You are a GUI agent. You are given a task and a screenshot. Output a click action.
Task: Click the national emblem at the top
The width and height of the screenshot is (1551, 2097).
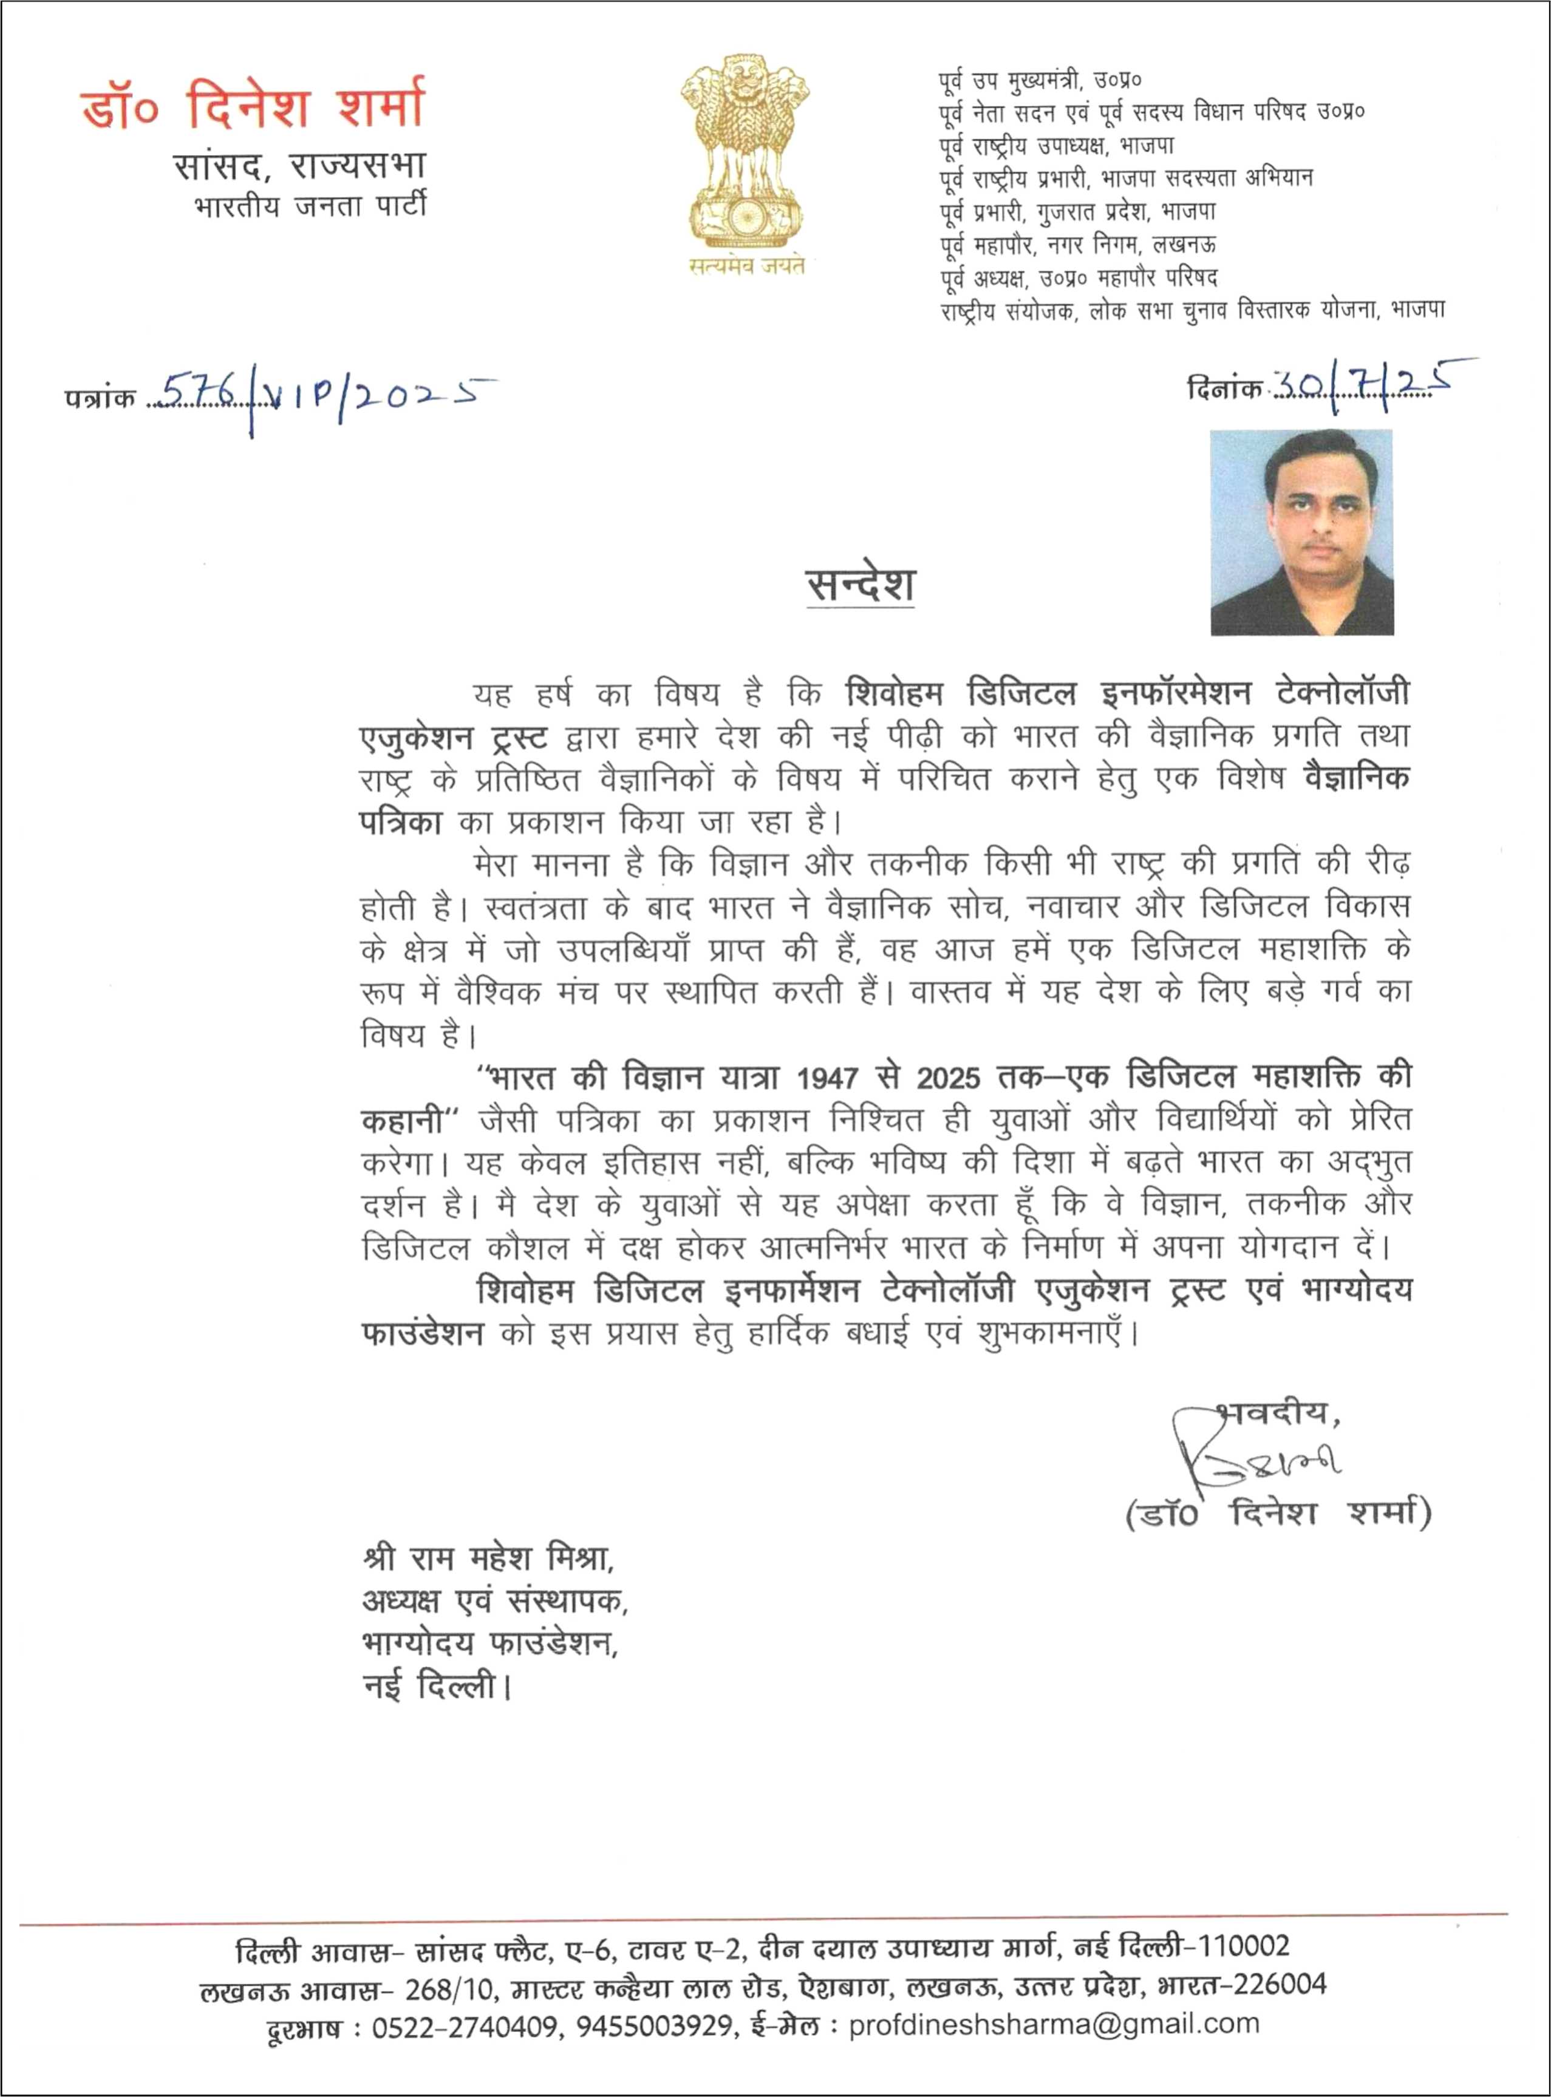745,150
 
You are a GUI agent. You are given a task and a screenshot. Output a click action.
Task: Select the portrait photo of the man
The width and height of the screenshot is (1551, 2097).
1301,532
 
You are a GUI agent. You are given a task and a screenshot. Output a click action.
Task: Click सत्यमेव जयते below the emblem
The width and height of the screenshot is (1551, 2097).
746,266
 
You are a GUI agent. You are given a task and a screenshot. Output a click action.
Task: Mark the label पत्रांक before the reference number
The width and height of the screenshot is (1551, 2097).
100,399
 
